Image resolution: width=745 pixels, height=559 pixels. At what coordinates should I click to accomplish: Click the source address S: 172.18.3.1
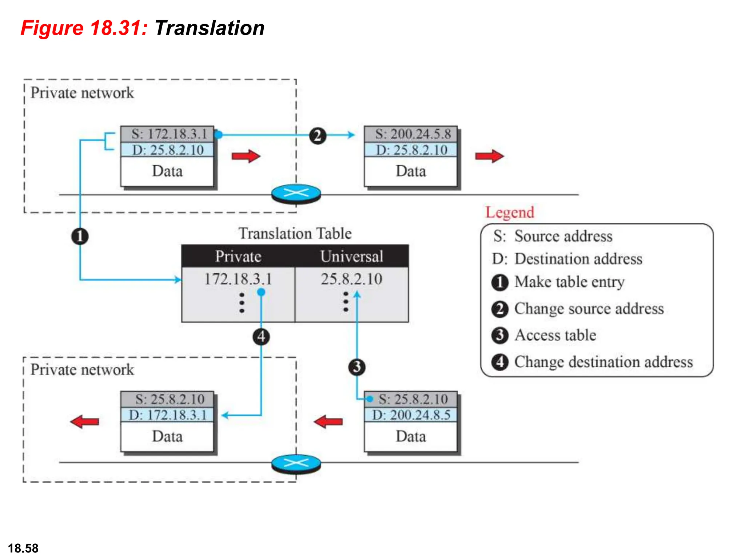click(x=168, y=134)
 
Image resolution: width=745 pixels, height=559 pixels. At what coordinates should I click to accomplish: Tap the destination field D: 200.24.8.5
click(x=411, y=415)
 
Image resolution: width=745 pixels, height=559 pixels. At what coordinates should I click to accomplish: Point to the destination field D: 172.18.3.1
click(x=168, y=415)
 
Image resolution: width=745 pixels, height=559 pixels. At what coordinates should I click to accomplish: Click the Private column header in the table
click(x=238, y=256)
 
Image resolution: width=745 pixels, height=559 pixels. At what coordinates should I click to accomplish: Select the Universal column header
click(x=352, y=256)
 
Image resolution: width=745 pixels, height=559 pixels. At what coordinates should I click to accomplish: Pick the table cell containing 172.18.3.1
click(x=238, y=279)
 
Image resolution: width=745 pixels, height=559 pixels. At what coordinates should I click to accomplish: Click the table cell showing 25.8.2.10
click(x=352, y=279)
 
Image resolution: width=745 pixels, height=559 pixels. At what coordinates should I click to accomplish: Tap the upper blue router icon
click(x=296, y=193)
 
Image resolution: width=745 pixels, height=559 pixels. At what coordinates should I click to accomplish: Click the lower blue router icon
click(x=296, y=463)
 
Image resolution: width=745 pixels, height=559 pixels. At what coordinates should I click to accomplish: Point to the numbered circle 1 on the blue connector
click(x=80, y=236)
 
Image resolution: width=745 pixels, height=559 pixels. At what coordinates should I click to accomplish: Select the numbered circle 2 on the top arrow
click(x=318, y=136)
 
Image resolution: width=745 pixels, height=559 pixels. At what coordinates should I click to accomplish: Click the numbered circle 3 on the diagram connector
click(x=357, y=367)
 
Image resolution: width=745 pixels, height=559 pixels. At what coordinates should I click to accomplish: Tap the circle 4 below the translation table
click(x=261, y=337)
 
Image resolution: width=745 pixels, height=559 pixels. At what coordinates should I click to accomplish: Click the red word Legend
click(x=510, y=212)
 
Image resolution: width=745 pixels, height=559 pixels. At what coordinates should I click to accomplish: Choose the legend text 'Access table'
click(x=555, y=335)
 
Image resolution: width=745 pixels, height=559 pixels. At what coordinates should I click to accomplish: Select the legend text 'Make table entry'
click(x=570, y=282)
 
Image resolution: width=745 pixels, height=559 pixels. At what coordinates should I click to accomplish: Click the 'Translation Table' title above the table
click(x=295, y=233)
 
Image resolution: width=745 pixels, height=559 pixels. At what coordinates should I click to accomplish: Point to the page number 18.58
click(x=23, y=548)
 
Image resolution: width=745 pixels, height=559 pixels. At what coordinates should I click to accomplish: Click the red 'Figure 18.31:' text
click(x=84, y=28)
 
